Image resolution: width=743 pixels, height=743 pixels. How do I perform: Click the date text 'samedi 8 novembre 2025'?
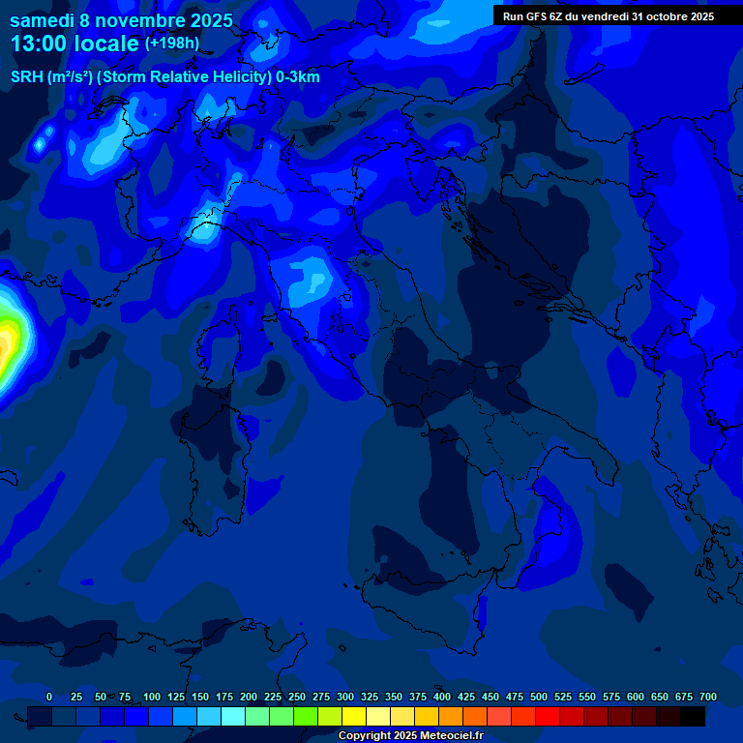point(121,19)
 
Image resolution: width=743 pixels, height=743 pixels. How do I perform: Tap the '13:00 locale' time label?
point(74,45)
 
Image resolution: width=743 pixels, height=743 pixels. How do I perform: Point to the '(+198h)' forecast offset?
point(172,44)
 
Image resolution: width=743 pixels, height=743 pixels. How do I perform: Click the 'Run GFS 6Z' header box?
point(608,15)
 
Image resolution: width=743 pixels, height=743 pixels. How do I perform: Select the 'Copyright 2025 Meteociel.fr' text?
point(410,735)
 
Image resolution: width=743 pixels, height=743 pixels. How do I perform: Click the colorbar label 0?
point(49,697)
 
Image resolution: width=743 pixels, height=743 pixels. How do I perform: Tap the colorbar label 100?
point(152,697)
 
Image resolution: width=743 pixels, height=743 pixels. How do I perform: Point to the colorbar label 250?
point(297,697)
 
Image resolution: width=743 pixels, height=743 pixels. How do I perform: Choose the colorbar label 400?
point(442,697)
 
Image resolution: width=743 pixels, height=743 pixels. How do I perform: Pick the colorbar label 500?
point(539,697)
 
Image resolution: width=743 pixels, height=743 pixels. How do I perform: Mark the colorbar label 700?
point(708,697)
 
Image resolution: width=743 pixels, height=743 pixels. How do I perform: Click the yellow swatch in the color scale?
point(354,716)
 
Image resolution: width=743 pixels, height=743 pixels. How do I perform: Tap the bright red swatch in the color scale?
point(548,716)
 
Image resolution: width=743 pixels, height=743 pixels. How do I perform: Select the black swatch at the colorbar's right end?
point(693,716)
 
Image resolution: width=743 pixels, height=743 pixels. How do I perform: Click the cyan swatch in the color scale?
point(233,716)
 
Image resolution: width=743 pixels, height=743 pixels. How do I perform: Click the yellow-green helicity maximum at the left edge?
point(8,339)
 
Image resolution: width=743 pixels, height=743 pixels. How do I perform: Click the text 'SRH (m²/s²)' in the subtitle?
point(51,77)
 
